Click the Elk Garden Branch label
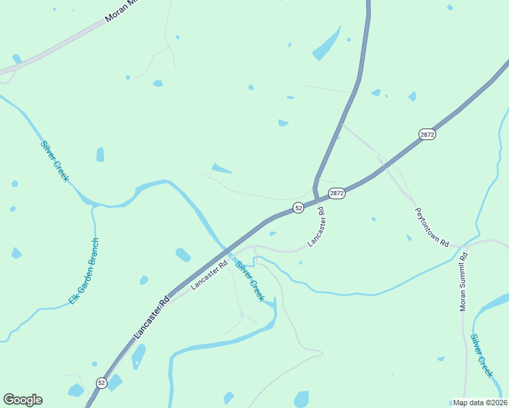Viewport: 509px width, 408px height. point(84,271)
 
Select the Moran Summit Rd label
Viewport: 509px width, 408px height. point(463,282)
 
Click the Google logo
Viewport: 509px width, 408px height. point(22,400)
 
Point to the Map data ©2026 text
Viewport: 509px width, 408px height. point(479,403)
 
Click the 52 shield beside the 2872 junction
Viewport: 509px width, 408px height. point(298,207)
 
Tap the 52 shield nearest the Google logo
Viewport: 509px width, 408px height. point(101,383)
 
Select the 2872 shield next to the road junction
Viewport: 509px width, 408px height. point(337,194)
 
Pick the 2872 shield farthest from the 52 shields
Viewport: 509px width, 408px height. point(427,135)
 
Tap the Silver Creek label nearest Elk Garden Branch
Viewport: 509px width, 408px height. point(55,160)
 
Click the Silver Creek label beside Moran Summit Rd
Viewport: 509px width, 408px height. point(482,355)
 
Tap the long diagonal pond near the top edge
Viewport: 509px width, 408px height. point(327,44)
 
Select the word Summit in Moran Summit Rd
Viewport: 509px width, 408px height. point(463,279)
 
